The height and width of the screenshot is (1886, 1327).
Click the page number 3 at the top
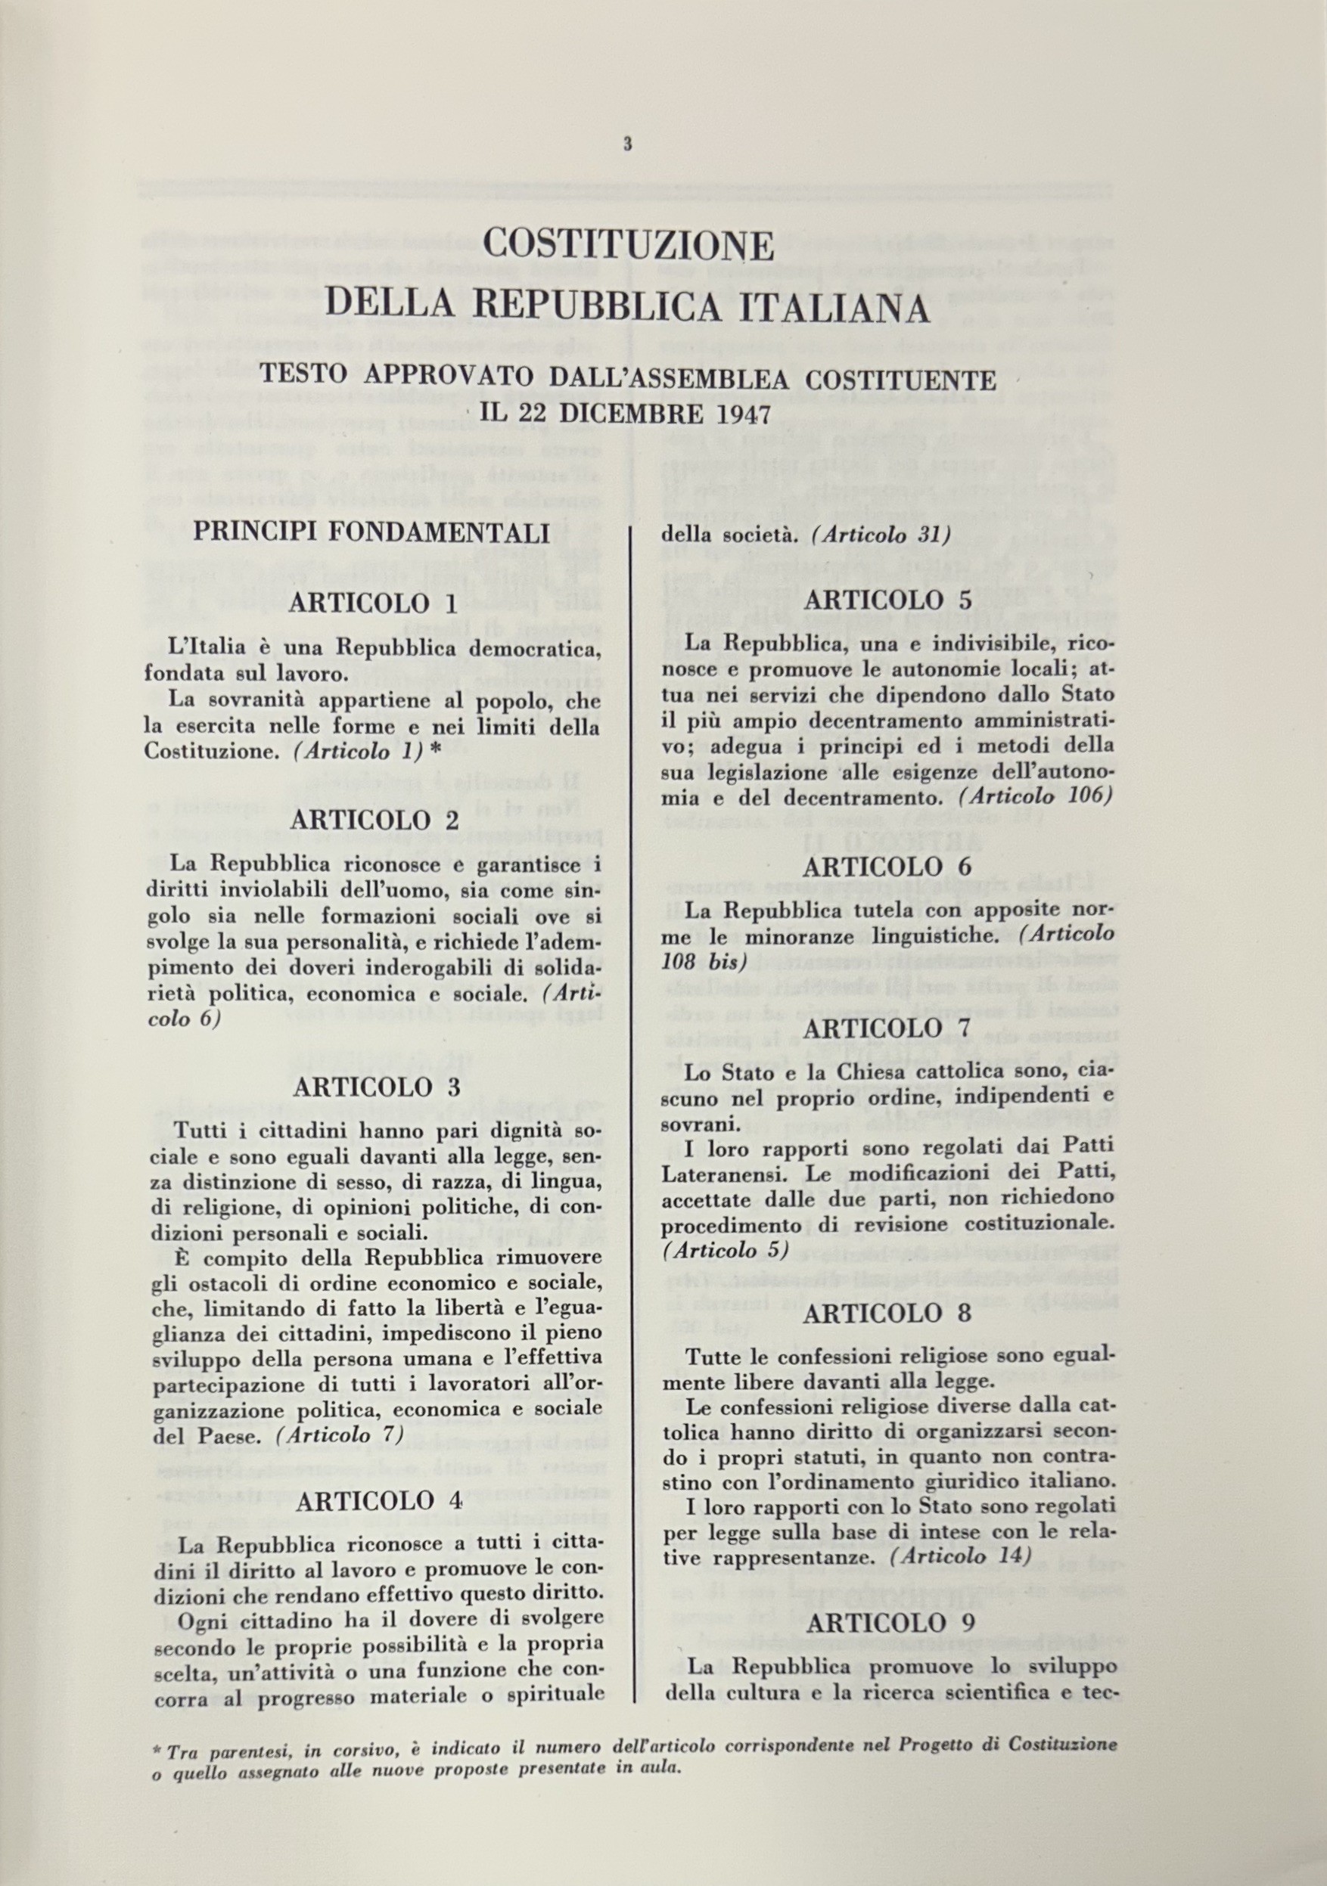pyautogui.click(x=627, y=144)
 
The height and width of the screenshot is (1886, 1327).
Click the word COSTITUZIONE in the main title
pyautogui.click(x=629, y=246)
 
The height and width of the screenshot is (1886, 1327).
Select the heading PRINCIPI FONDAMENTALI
pyautogui.click(x=371, y=533)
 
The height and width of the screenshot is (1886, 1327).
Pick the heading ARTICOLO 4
pyautogui.click(x=379, y=1501)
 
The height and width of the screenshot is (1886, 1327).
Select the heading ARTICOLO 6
pyautogui.click(x=887, y=867)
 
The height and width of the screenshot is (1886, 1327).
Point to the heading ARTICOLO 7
pyautogui.click(x=887, y=1028)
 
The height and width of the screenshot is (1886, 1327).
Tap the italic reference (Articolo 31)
pyautogui.click(x=880, y=535)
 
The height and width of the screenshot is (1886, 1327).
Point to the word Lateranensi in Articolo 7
pyautogui.click(x=713, y=1174)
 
